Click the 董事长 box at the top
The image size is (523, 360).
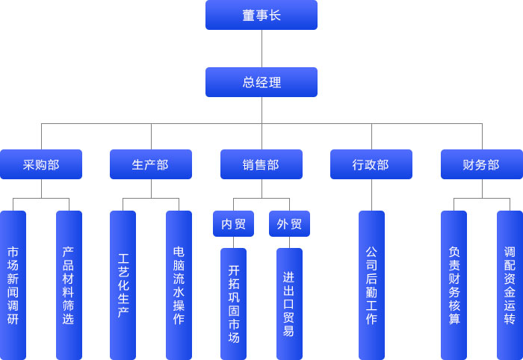pyautogui.click(x=261, y=15)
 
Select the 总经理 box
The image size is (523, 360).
pyautogui.click(x=261, y=82)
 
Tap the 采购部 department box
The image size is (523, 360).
pyautogui.click(x=41, y=164)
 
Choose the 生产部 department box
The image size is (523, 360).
pyautogui.click(x=151, y=164)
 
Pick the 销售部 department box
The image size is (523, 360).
pyautogui.click(x=261, y=164)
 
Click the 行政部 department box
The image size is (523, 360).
pyautogui.click(x=371, y=164)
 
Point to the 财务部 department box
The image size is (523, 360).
pyautogui.click(x=481, y=164)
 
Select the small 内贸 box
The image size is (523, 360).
pyautogui.click(x=233, y=224)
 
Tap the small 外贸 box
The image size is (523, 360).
pyautogui.click(x=289, y=224)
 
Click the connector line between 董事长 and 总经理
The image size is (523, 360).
pyautogui.click(x=261, y=49)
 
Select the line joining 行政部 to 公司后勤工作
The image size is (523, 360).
pyautogui.click(x=371, y=195)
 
